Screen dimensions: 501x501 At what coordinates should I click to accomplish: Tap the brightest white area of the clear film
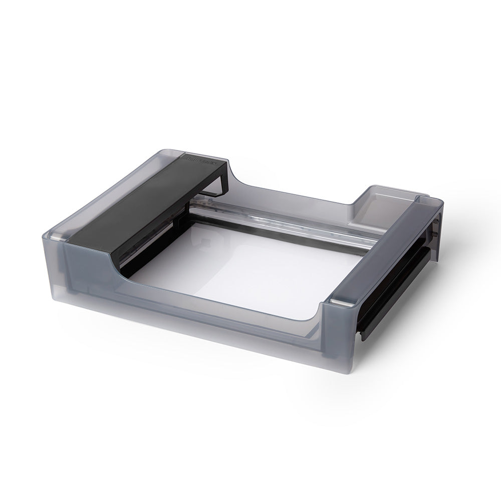(x=281, y=281)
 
